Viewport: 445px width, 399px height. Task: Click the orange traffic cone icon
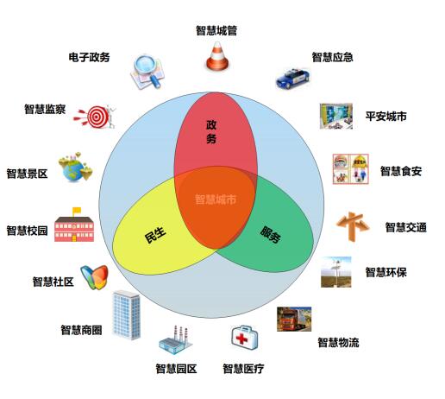coord(217,56)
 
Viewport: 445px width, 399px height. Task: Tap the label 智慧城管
coord(216,30)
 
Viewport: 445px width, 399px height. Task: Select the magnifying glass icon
coord(147,71)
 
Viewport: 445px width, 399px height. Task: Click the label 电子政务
coord(89,57)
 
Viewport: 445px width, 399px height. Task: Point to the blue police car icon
coord(292,79)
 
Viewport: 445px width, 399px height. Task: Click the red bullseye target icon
coord(95,117)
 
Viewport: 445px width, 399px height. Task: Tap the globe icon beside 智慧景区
coord(75,168)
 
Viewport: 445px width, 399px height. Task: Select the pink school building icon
coord(74,225)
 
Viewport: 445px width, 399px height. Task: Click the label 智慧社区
coord(53,282)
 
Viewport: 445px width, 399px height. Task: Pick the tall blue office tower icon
coord(127,314)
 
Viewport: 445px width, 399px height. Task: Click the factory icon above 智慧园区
coord(176,340)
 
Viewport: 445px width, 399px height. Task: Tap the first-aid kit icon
coord(244,338)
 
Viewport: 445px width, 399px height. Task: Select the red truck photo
coord(294,319)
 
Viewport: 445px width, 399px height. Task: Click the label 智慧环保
coord(385,272)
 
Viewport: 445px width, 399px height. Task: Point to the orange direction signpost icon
coord(353,226)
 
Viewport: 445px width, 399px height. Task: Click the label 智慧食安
coord(401,171)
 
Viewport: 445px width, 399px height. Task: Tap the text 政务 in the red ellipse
coord(211,132)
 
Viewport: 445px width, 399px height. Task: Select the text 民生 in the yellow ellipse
coord(155,234)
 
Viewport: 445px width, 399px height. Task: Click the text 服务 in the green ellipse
coord(271,235)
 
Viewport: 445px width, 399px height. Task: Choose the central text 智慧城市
coord(216,199)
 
